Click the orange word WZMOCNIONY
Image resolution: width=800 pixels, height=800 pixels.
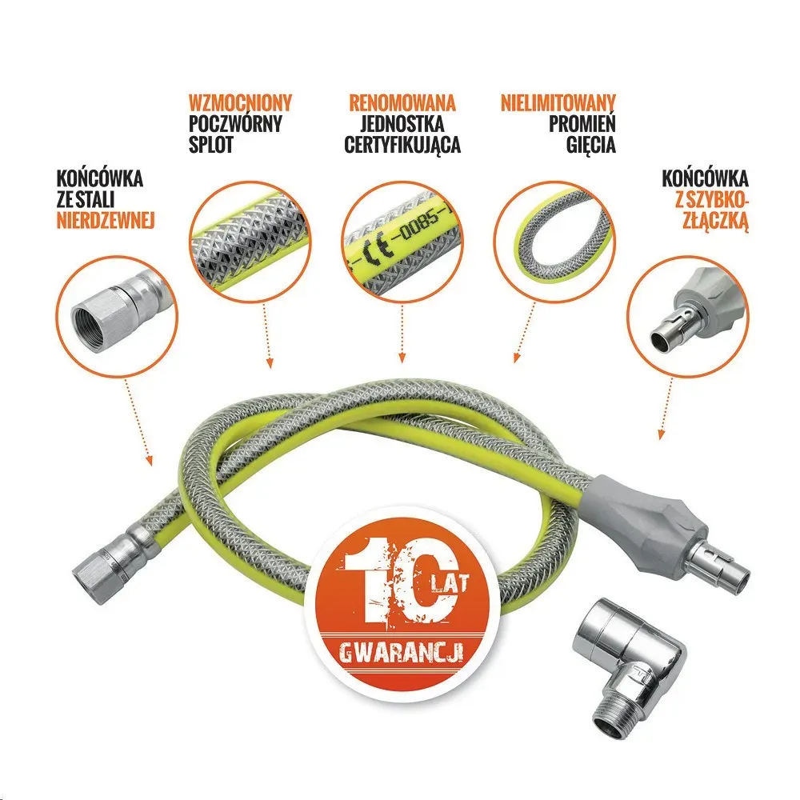(240, 102)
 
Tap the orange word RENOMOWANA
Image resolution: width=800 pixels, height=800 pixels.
(402, 102)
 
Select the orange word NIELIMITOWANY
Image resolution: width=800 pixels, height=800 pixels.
(558, 102)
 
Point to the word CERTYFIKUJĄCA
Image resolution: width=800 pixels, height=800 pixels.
(402, 144)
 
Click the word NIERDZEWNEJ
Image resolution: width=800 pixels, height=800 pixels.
(105, 221)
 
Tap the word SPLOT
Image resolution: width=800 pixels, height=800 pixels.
(210, 144)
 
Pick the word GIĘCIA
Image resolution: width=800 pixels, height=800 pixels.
(590, 144)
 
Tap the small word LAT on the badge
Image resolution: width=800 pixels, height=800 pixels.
(449, 585)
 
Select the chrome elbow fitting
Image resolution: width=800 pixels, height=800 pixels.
(630, 644)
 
